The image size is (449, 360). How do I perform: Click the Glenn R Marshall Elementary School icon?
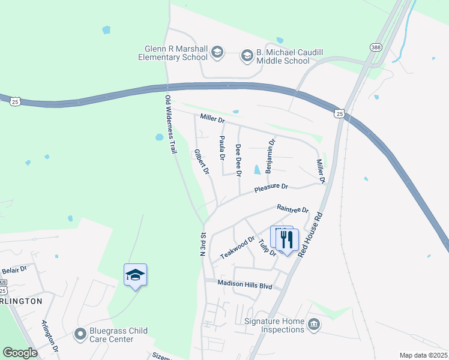point(217,54)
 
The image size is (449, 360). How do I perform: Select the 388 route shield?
point(376,47)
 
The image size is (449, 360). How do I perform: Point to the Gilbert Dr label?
point(202,162)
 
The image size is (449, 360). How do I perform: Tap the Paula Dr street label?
point(221,148)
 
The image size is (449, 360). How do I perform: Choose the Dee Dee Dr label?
point(238,160)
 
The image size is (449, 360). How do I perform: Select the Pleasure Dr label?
point(271,188)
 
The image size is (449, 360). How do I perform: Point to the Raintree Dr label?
point(292,209)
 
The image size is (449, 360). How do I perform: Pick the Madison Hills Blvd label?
point(245,286)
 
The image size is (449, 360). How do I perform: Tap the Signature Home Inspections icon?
point(313,325)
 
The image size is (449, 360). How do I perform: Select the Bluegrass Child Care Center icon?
point(79,334)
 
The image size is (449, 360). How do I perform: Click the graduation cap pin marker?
point(135,275)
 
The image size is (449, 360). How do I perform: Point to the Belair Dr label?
point(15,270)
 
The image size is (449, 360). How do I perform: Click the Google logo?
point(20,353)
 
